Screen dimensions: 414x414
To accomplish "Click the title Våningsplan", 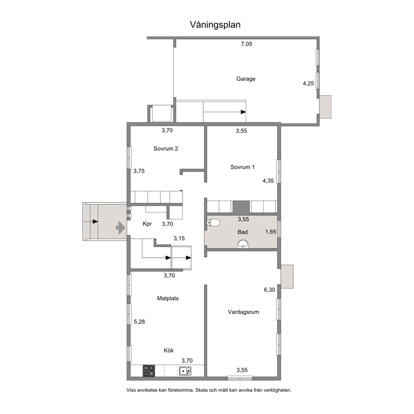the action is [x=215, y=25].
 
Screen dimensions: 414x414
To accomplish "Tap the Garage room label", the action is [x=246, y=79].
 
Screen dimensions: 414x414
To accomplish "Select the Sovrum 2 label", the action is [x=166, y=149].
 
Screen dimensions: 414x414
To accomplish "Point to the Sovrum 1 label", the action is [x=242, y=167].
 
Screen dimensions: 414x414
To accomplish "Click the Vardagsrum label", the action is [x=243, y=312].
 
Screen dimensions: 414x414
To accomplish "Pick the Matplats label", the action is [x=168, y=298].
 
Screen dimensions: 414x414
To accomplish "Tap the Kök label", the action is [x=169, y=351].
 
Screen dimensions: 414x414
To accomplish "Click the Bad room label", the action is [x=242, y=232].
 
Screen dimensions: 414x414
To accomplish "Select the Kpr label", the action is [x=147, y=224].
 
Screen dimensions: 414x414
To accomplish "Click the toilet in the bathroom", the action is [x=213, y=223].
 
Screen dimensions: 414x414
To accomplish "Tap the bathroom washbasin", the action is [x=243, y=244].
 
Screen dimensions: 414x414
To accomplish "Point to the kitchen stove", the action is [x=149, y=371].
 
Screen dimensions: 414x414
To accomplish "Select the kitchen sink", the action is [x=185, y=371].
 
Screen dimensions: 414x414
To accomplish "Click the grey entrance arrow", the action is [x=120, y=227].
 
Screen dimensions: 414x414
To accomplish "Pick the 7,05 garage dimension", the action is [x=247, y=44].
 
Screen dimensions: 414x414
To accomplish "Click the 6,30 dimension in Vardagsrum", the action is [x=270, y=290].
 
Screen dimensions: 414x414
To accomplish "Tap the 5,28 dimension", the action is [x=139, y=322].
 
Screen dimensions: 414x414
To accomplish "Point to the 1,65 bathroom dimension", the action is [x=270, y=232].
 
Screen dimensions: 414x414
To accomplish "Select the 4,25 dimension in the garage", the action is [x=308, y=83].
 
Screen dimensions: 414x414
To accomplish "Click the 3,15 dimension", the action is [x=179, y=238].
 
